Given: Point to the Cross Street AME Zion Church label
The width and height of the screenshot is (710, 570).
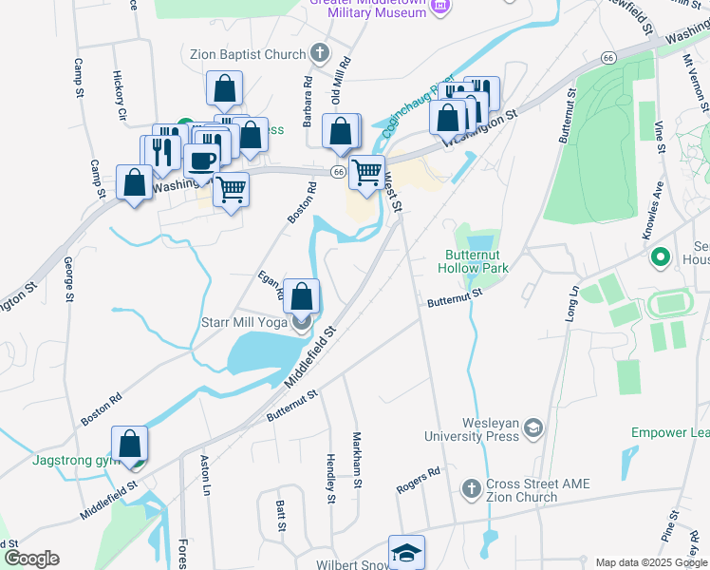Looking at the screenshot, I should tap(537, 491).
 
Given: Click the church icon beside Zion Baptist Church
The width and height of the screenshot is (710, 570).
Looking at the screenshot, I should tap(320, 53).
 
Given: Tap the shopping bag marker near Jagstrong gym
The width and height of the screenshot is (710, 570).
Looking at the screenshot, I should tap(129, 444).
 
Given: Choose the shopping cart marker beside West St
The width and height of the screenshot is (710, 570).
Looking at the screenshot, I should tap(366, 173).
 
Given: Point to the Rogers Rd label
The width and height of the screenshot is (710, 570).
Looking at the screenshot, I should tap(419, 480).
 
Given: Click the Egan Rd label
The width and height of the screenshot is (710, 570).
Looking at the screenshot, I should tap(271, 286).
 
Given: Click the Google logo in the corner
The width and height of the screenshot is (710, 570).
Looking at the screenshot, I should tap(31, 559).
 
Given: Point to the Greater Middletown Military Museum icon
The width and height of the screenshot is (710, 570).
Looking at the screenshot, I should tap(439, 8).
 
